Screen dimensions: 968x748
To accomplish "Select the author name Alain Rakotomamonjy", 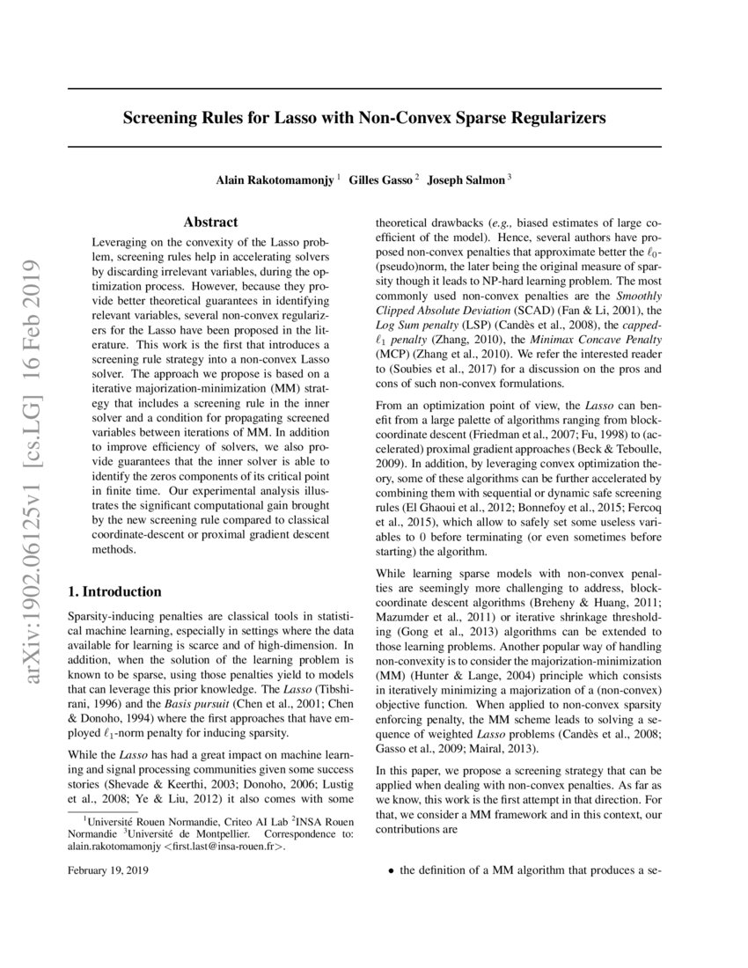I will point(275,180).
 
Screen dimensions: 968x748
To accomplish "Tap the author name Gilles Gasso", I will point(382,180).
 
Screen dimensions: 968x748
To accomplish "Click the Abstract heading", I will point(210,224).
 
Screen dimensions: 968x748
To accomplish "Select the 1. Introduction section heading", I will point(114,591).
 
